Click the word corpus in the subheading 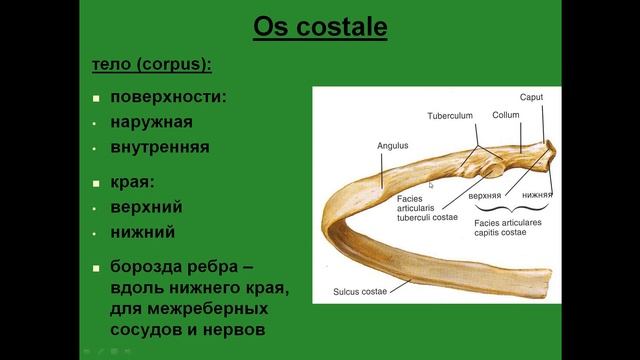(174, 65)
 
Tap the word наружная (151, 123)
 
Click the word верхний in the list (147, 208)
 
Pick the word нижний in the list (143, 232)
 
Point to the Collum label (506, 114)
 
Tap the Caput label (531, 97)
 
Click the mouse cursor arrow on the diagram (431, 184)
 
